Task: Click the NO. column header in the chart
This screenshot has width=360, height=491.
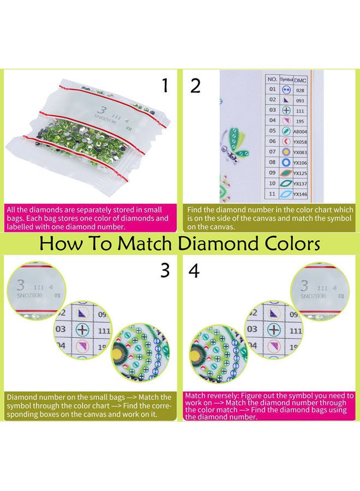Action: coord(272,79)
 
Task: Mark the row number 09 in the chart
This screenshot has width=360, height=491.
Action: coord(272,173)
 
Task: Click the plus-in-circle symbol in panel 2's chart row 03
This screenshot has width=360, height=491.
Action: coord(286,110)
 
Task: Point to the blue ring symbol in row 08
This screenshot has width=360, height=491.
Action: coord(286,162)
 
